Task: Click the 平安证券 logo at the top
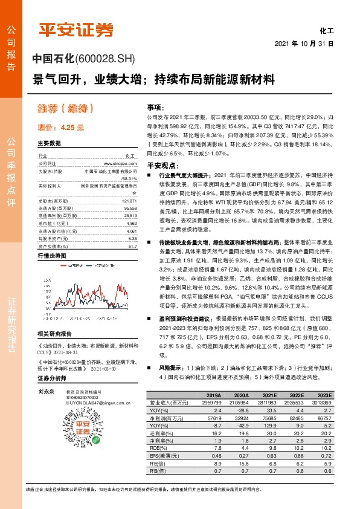(x=76, y=30)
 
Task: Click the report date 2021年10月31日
(x=304, y=44)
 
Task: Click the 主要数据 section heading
(x=49, y=143)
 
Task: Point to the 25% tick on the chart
(x=45, y=280)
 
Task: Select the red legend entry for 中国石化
(x=77, y=265)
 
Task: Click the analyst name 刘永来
(x=46, y=392)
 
